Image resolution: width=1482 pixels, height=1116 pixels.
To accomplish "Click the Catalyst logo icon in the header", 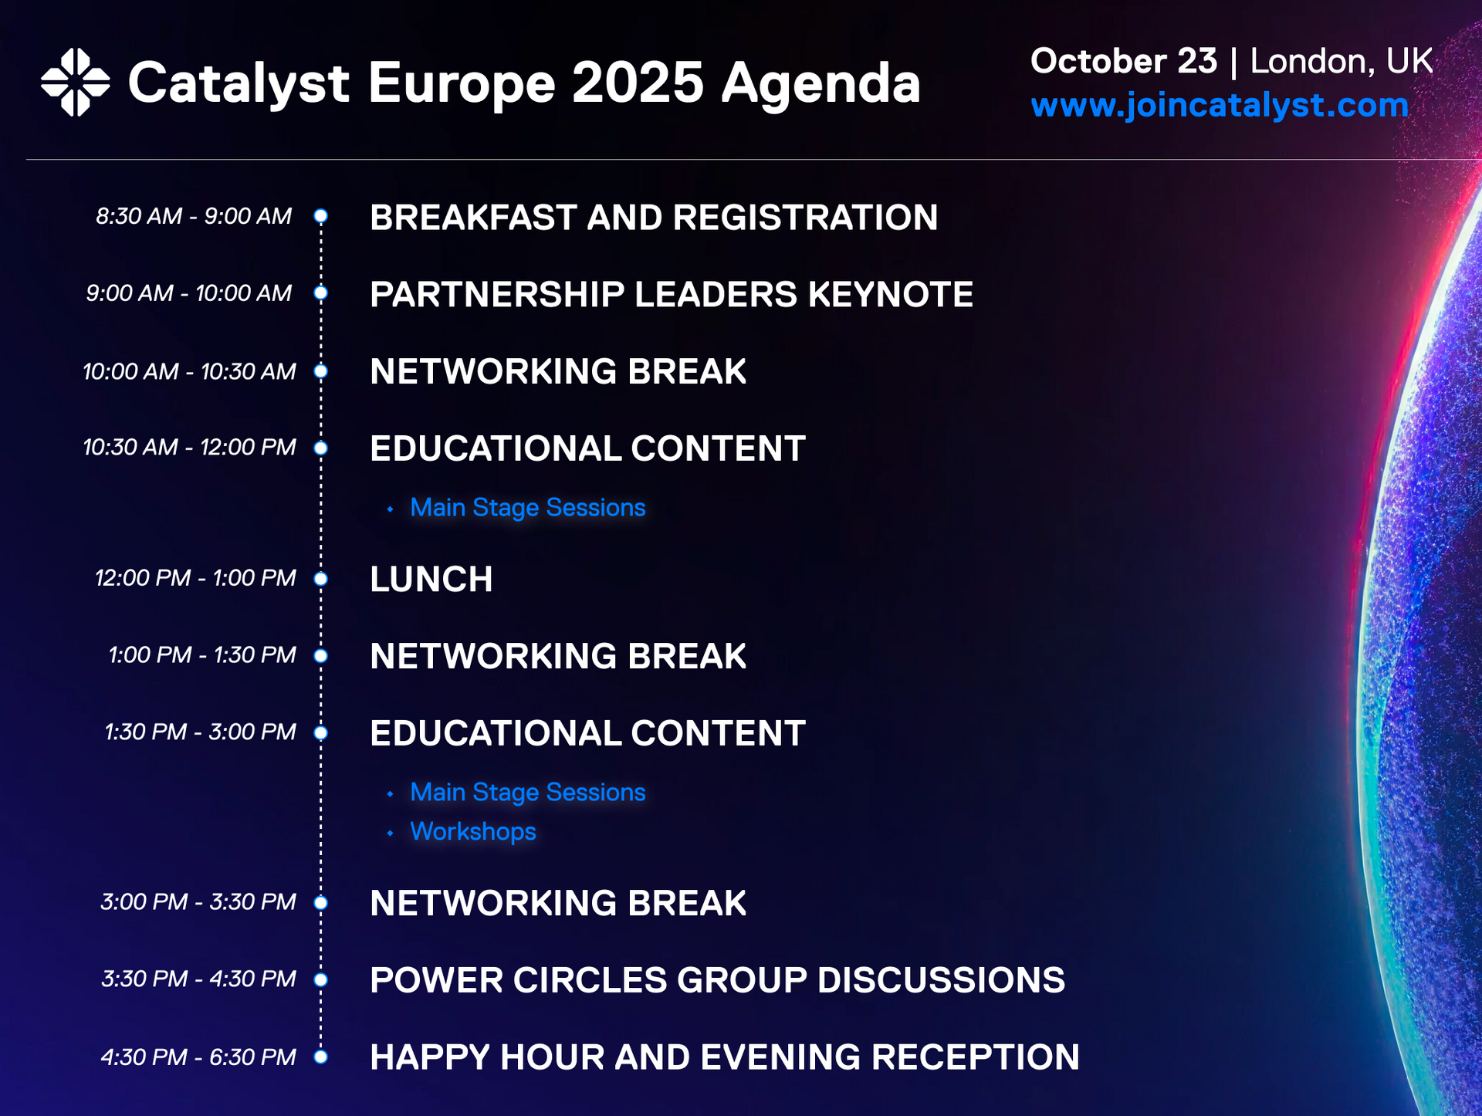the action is (75, 82).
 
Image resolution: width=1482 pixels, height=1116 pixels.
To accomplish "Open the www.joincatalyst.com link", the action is (1220, 106).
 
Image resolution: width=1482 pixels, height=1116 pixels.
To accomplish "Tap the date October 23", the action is (1124, 61).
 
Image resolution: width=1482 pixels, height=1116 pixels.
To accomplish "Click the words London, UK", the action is (1341, 62).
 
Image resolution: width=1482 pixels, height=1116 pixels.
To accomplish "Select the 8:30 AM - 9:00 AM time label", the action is (194, 216).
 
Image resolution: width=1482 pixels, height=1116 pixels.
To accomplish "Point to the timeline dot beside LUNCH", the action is (321, 579).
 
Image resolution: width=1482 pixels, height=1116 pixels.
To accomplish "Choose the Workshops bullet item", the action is (472, 831).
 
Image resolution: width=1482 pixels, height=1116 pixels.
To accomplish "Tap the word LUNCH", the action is (431, 579).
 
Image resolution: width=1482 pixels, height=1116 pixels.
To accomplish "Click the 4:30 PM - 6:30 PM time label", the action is (198, 1057).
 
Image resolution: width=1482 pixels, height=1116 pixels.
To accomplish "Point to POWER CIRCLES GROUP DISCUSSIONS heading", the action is (717, 980).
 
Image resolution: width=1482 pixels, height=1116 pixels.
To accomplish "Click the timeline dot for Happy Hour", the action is (321, 1057).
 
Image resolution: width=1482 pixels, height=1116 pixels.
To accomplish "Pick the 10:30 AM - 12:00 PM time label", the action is (189, 447).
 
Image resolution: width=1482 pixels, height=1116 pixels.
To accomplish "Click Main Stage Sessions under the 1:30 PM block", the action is (527, 793).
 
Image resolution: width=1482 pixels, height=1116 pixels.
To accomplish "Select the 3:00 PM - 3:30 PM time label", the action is (198, 901).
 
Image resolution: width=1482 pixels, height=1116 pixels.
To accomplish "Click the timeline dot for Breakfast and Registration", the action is (321, 216).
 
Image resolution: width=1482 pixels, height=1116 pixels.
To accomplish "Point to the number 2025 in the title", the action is (638, 83).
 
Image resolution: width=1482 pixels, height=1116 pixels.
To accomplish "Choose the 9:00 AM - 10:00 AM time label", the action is (189, 293).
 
